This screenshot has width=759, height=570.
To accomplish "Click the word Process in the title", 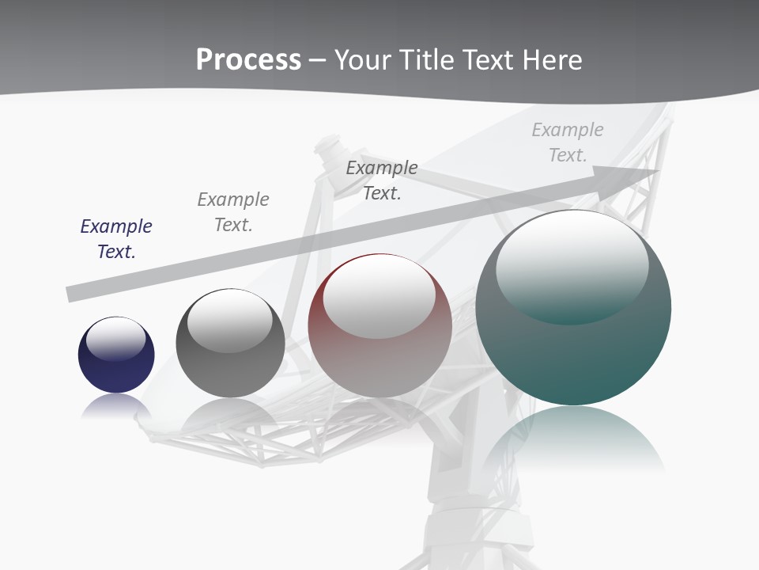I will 248,59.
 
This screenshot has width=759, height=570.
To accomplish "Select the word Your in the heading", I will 361,59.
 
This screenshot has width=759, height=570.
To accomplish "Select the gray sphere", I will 230,372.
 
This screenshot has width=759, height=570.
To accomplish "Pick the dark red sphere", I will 379,364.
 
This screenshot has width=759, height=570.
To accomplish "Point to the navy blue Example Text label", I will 116,239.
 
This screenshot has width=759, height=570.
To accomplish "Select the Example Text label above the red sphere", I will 382,180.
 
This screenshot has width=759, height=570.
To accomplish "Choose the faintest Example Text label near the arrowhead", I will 568,142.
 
